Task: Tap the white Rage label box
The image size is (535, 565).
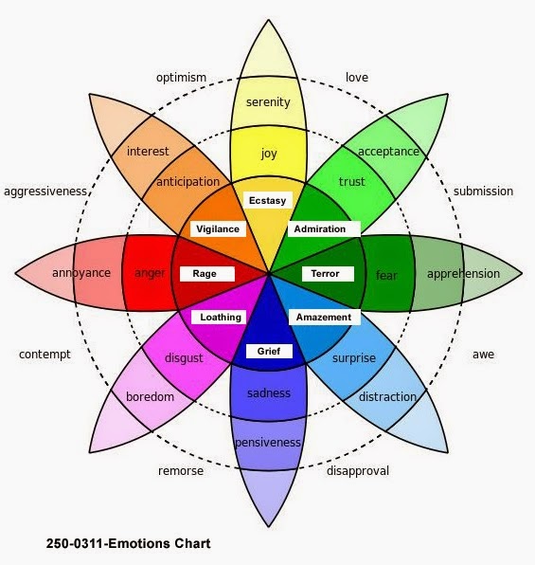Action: click(205, 274)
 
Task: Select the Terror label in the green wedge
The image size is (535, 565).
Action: click(326, 274)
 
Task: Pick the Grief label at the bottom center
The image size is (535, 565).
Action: click(269, 351)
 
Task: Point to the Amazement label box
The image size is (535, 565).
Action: click(323, 317)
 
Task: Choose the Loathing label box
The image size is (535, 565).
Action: click(221, 317)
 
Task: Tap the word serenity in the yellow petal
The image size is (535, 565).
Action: click(268, 102)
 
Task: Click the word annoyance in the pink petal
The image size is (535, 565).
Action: click(81, 273)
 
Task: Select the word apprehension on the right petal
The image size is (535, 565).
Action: click(463, 274)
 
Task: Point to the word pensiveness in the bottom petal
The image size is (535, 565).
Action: click(269, 442)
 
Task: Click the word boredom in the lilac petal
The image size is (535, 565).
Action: click(151, 397)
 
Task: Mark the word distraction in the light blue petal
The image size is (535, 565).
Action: click(387, 397)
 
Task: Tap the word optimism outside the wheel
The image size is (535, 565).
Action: click(182, 78)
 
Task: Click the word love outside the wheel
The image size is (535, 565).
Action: click(357, 78)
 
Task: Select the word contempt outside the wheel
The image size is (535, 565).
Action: click(45, 355)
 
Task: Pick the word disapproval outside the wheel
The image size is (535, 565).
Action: click(358, 470)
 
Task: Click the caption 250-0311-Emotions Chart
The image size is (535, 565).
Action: click(128, 544)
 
